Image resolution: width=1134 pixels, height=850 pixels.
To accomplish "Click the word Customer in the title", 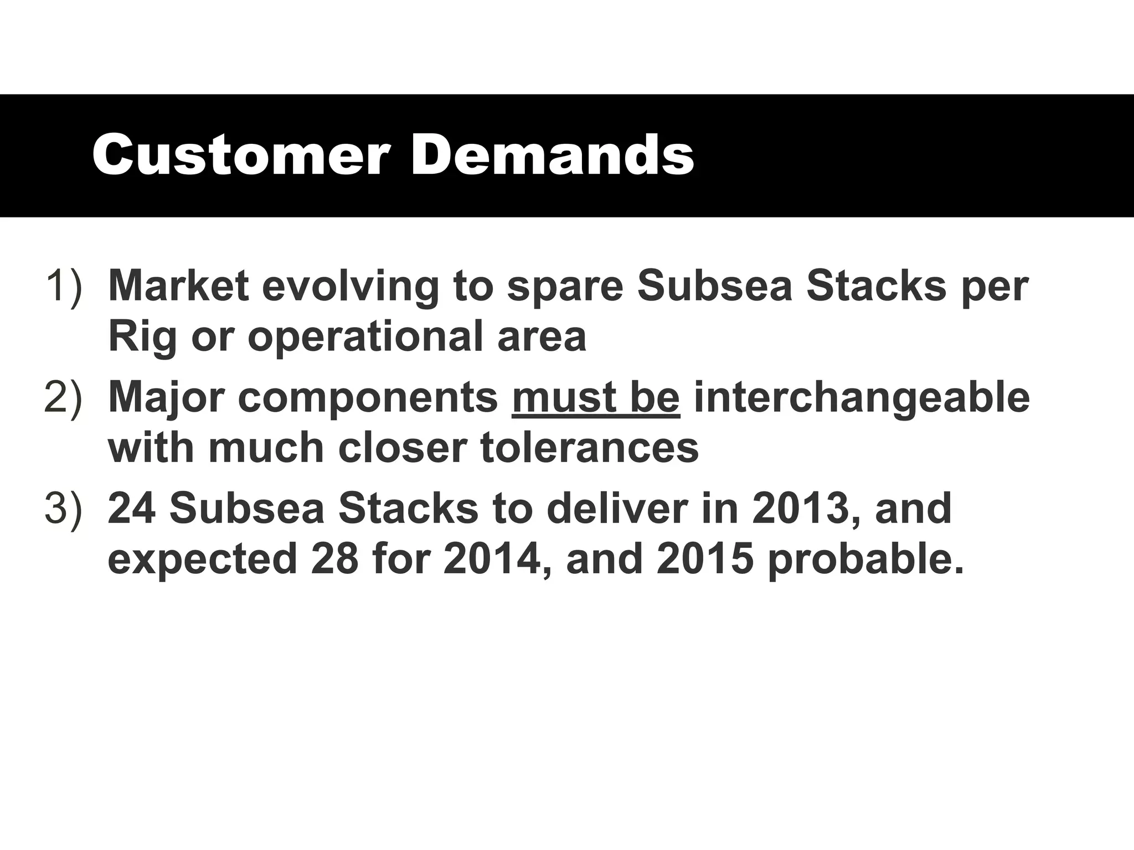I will click(x=240, y=156).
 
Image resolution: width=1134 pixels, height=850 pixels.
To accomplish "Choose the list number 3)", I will click(x=64, y=509).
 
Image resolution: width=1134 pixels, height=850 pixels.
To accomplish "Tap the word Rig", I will click(x=142, y=338).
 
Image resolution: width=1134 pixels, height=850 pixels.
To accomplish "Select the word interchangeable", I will click(x=862, y=398).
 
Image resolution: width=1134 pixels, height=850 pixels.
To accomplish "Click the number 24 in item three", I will click(x=131, y=509).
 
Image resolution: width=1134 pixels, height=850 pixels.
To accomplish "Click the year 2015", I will click(x=705, y=559).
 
